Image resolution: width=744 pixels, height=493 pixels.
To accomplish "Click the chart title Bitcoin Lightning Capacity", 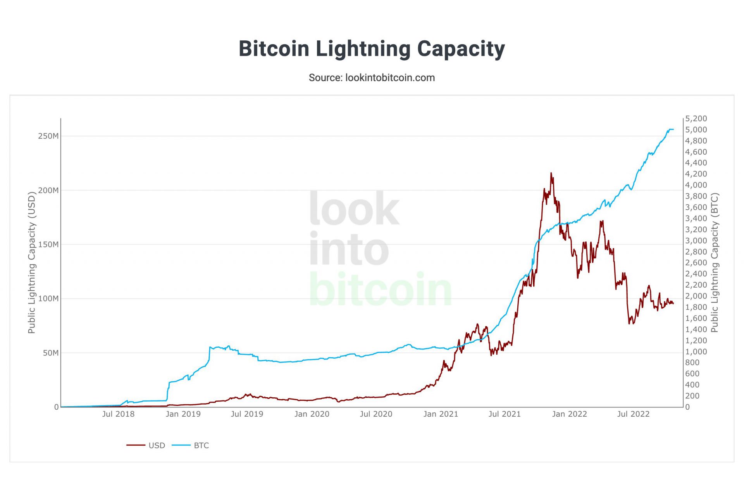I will pyautogui.click(x=371, y=49).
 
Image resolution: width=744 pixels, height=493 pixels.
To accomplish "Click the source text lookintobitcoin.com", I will pyautogui.click(x=371, y=78).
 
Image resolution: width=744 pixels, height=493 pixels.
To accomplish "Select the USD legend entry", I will pyautogui.click(x=156, y=445).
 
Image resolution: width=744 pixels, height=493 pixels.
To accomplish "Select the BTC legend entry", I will pyautogui.click(x=201, y=445).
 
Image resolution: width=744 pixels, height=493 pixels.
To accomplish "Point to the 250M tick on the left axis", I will pyautogui.click(x=48, y=136).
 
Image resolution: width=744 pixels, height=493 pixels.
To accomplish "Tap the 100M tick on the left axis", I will pyautogui.click(x=48, y=298).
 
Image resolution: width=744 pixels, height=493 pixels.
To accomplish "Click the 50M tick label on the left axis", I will pyautogui.click(x=51, y=353).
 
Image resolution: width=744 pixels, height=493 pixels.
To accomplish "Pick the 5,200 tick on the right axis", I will pyautogui.click(x=696, y=119).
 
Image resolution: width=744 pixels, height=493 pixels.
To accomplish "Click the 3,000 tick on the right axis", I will pyautogui.click(x=696, y=241).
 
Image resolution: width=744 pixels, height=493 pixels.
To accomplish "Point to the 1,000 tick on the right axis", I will pyautogui.click(x=696, y=352).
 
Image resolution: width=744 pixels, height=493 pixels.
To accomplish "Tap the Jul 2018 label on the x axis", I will pyautogui.click(x=118, y=414).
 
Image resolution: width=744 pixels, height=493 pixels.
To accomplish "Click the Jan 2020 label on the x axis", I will pyautogui.click(x=312, y=414).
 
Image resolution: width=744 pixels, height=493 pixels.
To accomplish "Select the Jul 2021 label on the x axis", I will pyautogui.click(x=505, y=414).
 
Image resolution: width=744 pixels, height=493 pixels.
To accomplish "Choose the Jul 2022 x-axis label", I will pyautogui.click(x=633, y=414).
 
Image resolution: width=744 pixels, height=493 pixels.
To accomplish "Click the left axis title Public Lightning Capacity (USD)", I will pyautogui.click(x=32, y=263).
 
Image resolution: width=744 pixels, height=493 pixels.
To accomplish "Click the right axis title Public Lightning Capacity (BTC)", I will pyautogui.click(x=715, y=263).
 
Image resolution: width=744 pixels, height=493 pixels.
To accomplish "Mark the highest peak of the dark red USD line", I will pyautogui.click(x=551, y=173).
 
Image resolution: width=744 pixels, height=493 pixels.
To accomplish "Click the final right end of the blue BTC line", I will pyautogui.click(x=673, y=129).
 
